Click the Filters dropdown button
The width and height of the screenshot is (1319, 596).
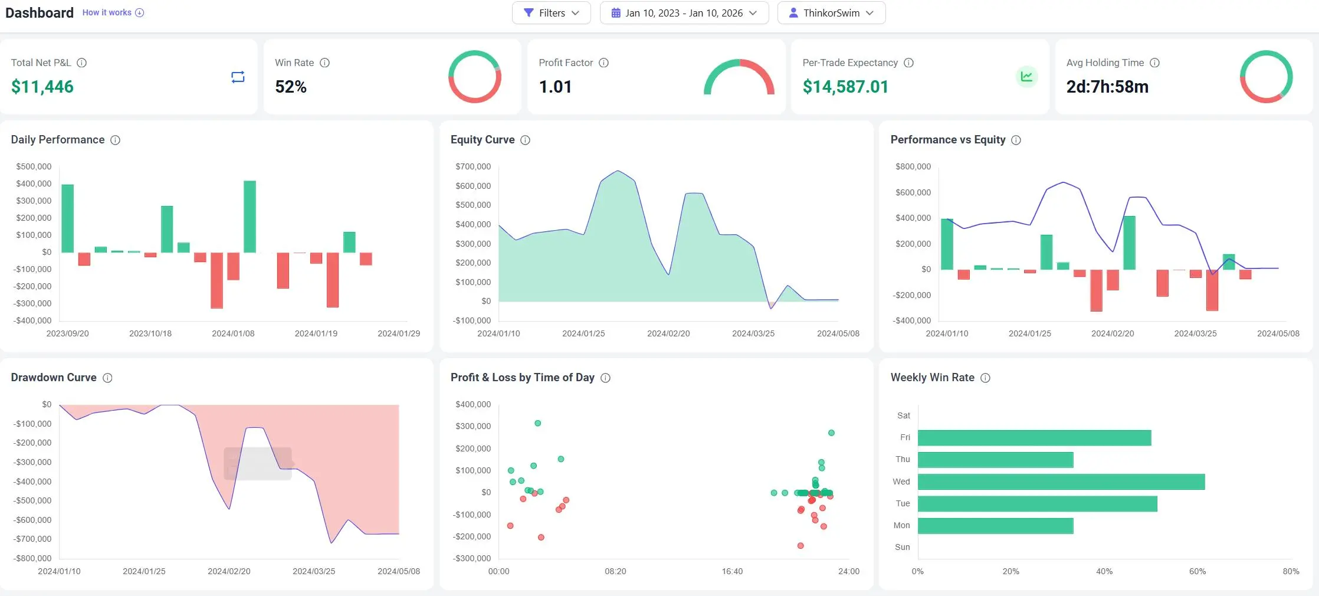pos(551,13)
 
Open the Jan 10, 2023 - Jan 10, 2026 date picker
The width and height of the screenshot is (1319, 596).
pos(684,13)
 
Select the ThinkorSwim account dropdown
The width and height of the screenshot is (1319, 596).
pos(831,13)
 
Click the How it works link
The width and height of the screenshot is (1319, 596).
pos(107,12)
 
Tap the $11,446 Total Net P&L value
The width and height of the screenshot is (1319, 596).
pos(42,87)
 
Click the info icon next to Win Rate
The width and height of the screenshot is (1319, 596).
pos(324,63)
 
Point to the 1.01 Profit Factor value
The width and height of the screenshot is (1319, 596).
pos(555,87)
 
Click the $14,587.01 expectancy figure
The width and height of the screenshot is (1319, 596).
pos(845,87)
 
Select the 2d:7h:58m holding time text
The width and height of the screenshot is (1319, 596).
pos(1107,87)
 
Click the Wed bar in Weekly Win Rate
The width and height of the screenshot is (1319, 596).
pos(1061,482)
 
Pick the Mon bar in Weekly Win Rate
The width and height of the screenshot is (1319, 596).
pos(995,526)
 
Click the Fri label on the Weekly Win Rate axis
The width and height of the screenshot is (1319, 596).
pos(905,437)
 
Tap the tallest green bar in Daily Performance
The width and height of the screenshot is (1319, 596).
pos(250,217)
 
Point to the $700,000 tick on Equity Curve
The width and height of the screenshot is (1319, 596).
pos(473,166)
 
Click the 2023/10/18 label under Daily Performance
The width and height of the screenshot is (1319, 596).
pos(150,333)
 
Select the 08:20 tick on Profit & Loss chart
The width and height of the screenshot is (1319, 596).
pos(615,571)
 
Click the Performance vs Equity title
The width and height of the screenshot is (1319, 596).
pos(947,140)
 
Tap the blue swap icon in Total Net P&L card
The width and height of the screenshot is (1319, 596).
pos(238,77)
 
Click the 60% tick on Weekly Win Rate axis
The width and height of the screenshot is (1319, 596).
pos(1197,571)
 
